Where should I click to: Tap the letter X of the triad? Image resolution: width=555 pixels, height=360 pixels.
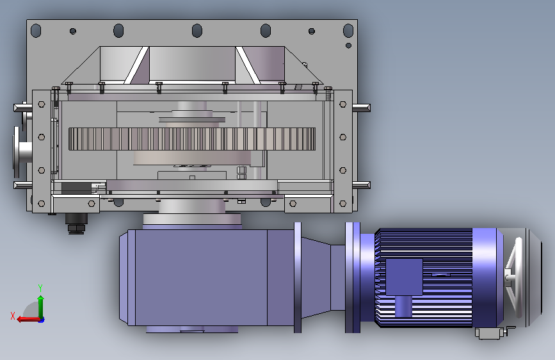[x=13, y=316]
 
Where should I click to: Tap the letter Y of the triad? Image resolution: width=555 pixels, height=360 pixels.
[x=40, y=288]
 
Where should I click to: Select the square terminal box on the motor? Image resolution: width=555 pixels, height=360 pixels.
[x=404, y=277]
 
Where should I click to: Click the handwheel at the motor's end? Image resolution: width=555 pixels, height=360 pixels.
[x=514, y=277]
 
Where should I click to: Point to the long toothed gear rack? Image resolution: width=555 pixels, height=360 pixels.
[x=192, y=139]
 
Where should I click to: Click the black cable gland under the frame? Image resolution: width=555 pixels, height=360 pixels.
[x=76, y=223]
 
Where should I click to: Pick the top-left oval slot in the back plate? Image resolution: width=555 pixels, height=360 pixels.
[x=36, y=31]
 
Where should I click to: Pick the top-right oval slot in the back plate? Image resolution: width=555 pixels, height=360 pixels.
[x=348, y=31]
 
